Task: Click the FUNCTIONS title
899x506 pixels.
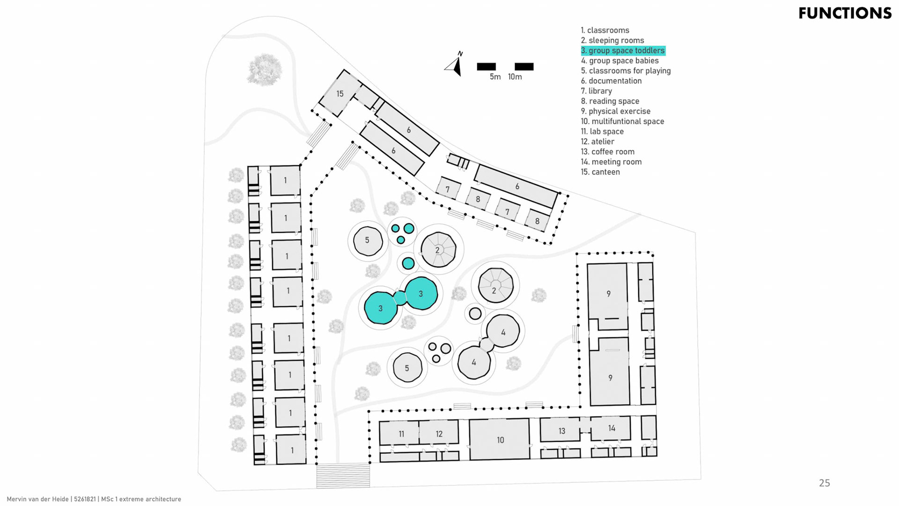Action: point(845,13)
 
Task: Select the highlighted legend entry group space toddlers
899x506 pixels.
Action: point(623,51)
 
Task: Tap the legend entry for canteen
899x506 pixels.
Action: point(600,172)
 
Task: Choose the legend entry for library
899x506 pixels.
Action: point(597,91)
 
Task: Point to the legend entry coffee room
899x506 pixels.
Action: point(608,152)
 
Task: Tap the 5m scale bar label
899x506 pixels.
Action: point(495,77)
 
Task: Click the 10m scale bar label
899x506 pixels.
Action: point(515,77)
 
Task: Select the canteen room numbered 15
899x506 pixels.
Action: point(340,94)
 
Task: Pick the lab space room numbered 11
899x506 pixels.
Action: point(401,433)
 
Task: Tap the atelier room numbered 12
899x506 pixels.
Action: point(439,433)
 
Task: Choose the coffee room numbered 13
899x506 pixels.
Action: point(561,431)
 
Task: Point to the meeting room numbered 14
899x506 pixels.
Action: point(611,428)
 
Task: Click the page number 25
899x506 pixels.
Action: point(824,483)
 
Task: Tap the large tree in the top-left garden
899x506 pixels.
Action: point(265,69)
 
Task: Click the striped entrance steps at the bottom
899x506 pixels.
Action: point(343,475)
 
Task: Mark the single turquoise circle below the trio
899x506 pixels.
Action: point(408,263)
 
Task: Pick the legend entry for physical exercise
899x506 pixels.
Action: point(615,111)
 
